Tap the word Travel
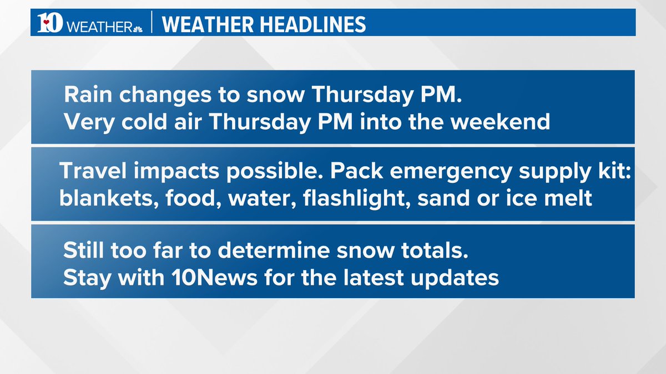tap(90, 172)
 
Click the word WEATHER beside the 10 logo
tap(98, 26)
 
